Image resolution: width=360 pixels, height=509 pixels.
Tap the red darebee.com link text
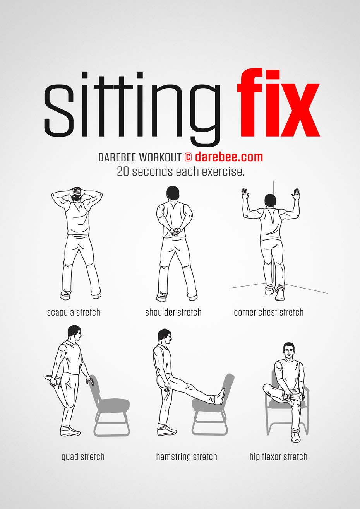[x=229, y=157]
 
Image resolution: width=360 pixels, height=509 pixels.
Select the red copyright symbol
[x=188, y=157]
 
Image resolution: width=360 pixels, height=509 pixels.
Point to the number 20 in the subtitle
[x=123, y=172]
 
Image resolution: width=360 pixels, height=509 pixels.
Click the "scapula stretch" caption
[x=74, y=312]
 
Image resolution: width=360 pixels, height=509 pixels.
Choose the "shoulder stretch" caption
[x=173, y=312]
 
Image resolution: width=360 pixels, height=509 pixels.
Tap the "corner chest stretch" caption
[x=269, y=312]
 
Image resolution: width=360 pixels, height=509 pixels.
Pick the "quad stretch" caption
[x=83, y=457]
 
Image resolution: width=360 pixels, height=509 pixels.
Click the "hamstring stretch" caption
[x=186, y=457]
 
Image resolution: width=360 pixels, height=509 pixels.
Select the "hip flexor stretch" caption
[x=278, y=457]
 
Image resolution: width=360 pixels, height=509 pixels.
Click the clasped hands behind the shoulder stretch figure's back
[x=174, y=231]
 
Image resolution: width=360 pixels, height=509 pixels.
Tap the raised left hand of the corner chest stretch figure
[x=245, y=193]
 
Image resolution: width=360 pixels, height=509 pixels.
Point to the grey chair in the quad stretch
[x=110, y=406]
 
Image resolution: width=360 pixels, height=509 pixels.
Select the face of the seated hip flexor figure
[x=288, y=351]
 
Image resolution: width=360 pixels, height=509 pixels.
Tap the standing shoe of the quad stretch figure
[x=70, y=431]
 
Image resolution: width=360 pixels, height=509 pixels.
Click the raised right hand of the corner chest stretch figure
[x=297, y=194]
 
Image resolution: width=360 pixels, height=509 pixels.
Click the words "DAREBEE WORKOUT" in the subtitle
[x=140, y=157]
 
